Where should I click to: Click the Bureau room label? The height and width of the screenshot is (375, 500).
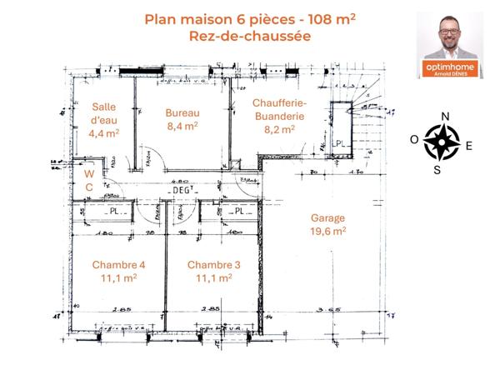[182, 112]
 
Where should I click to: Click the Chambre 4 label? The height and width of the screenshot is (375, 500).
[118, 265]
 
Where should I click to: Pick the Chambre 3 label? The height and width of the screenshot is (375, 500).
[213, 265]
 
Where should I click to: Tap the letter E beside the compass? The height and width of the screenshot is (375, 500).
[468, 145]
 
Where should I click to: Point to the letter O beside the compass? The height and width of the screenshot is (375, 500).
[414, 140]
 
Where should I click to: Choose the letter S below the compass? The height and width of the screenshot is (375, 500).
[437, 171]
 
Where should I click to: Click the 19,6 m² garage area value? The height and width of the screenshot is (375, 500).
[327, 231]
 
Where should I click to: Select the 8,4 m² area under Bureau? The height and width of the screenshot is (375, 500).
[182, 127]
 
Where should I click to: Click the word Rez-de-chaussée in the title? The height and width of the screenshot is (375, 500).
[237, 36]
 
